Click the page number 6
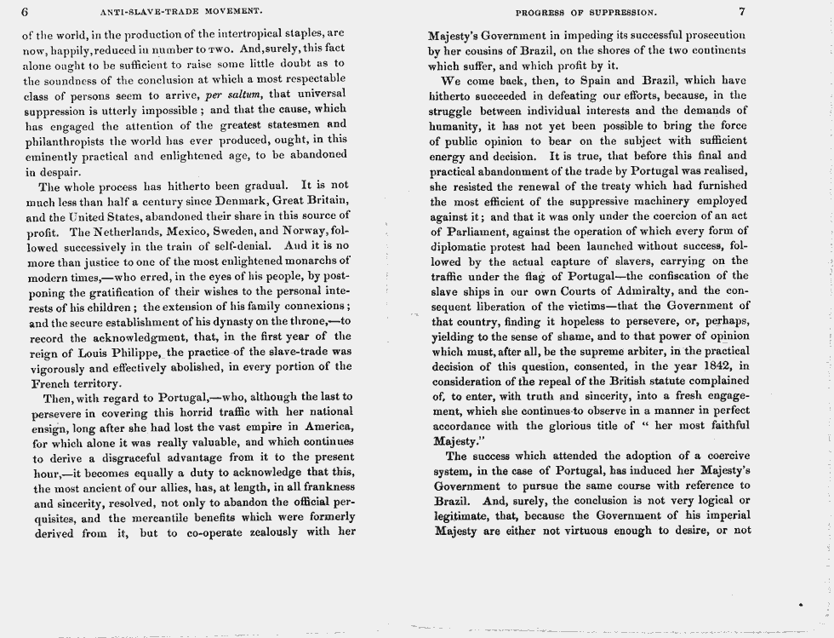pos(26,12)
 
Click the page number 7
pos(742,12)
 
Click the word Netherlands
pos(122,231)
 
